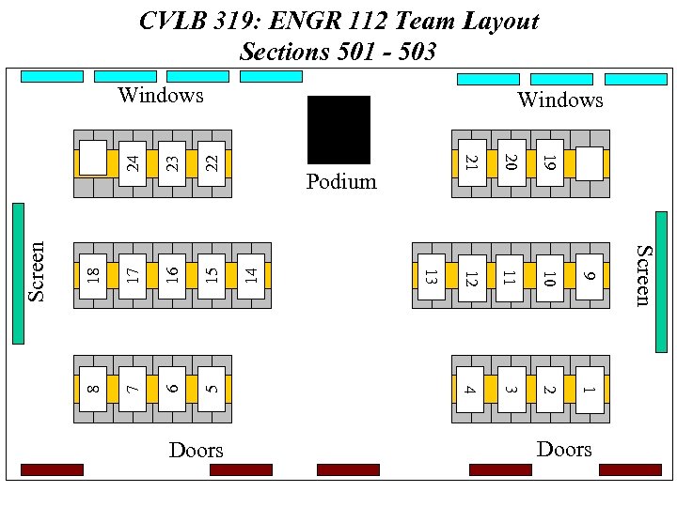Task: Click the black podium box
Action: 338,130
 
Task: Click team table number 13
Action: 429,277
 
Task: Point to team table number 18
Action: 92,276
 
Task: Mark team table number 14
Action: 251,276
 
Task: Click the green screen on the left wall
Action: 18,273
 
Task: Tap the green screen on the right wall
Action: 661,268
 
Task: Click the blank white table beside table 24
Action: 92,157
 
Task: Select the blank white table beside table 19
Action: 589,162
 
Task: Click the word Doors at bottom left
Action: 196,451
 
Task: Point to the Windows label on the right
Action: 559,100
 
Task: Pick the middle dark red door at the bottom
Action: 348,469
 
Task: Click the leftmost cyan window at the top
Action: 52,76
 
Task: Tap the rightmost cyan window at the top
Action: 636,79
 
